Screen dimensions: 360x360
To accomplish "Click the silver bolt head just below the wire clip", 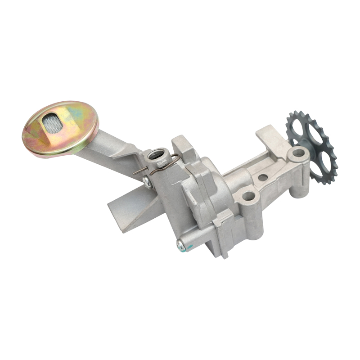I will coord(147,181).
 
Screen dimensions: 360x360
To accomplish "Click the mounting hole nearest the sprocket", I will coord(297,153).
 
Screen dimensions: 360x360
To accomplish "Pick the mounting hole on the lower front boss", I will coord(247,196).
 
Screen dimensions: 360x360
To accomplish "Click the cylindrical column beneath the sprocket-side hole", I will coord(299,180).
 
